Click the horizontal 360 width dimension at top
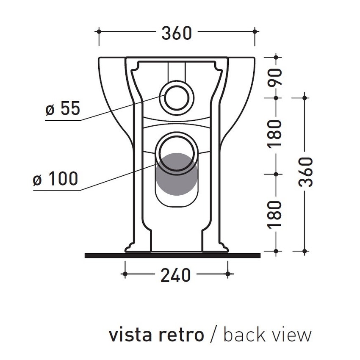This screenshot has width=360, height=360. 177,33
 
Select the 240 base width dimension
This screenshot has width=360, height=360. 175,275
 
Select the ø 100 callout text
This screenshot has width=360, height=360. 55,179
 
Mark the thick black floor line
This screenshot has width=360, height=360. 172,255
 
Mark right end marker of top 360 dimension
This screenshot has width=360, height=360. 255,31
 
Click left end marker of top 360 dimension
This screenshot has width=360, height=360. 99,31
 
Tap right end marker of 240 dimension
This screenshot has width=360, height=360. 228,274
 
